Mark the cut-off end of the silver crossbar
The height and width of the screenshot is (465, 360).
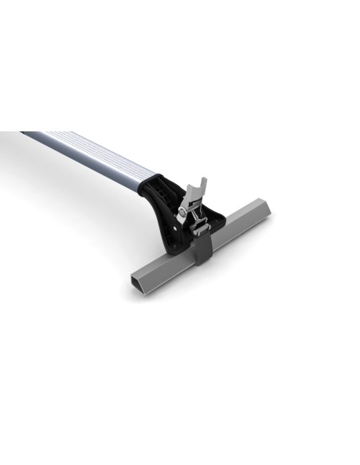[24, 134]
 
